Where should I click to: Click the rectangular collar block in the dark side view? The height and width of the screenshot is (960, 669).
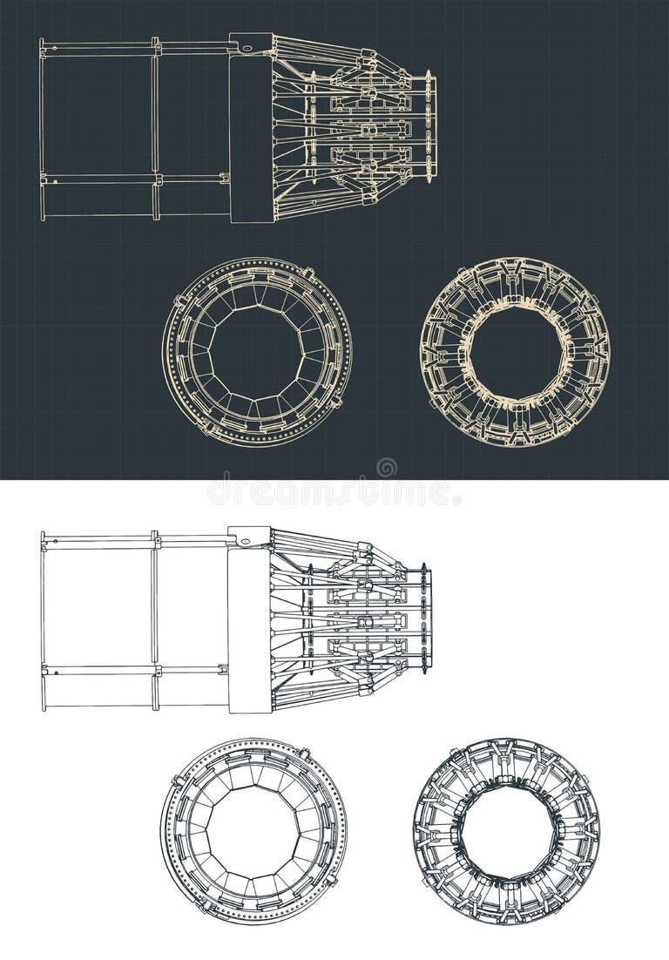tap(251, 131)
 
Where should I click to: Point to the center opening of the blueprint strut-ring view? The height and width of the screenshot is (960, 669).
tap(515, 352)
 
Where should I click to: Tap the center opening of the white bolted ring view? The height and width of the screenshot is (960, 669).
tap(253, 831)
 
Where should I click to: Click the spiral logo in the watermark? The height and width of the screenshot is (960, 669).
tap(386, 468)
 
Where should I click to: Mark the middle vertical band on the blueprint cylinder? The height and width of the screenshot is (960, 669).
tap(156, 128)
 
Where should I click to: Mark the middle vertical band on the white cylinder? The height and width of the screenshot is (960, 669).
tap(155, 620)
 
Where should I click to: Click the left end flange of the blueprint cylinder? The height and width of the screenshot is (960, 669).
tap(41, 128)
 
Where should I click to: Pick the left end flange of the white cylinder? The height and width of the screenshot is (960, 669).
tap(42, 620)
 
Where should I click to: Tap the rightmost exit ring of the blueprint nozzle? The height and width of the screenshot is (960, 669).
tap(429, 127)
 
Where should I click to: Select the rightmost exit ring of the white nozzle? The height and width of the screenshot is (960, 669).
tap(424, 619)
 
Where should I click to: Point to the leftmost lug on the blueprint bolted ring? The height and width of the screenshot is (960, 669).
tap(177, 301)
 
